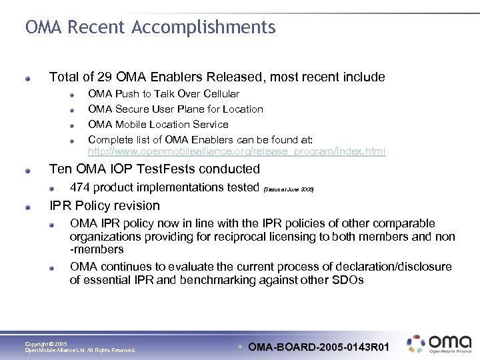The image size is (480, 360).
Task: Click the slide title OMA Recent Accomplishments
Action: click(x=150, y=27)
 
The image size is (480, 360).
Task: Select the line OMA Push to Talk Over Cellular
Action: click(x=163, y=94)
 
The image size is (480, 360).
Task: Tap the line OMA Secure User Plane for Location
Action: click(x=175, y=109)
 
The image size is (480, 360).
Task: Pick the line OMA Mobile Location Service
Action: click(x=158, y=125)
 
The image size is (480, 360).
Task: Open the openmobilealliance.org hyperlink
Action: click(x=237, y=151)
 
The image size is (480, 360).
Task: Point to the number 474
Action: click(x=81, y=187)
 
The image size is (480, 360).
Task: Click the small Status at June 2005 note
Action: click(x=288, y=189)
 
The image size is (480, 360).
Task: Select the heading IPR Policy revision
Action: click(x=105, y=205)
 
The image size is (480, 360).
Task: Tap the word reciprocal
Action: click(x=254, y=237)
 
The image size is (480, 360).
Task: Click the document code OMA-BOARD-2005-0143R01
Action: click(x=318, y=347)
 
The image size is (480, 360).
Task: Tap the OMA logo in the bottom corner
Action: click(x=440, y=343)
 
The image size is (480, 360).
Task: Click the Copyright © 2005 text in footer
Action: click(x=45, y=344)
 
